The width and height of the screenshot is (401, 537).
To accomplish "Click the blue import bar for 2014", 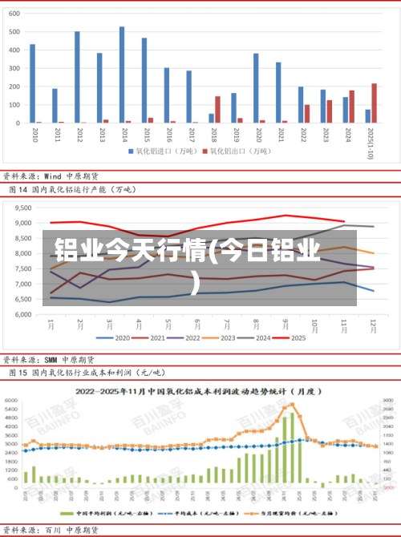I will (122, 75).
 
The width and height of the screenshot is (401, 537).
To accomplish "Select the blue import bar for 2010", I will (32, 83).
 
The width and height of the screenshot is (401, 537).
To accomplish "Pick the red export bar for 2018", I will (217, 109).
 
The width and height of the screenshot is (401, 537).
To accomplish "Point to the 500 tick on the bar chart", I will (14, 30).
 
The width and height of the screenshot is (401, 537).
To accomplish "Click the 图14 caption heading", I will (72, 190).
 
